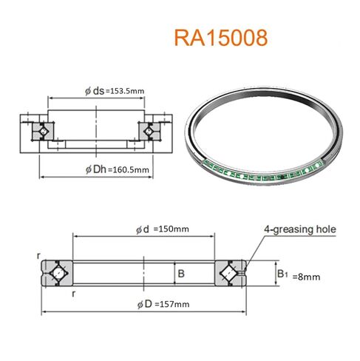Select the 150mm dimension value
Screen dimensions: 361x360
pyautogui.click(x=171, y=229)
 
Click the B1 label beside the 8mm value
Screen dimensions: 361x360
pyautogui.click(x=283, y=274)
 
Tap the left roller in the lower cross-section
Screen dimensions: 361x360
pyautogui.click(x=55, y=274)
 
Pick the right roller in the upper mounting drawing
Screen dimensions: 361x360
pyautogui.click(x=150, y=130)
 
